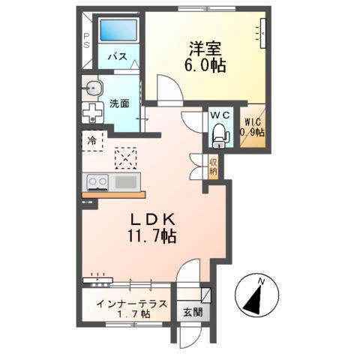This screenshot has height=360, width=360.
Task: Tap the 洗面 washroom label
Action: click(x=119, y=103)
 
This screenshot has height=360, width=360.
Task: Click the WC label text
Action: click(x=220, y=115)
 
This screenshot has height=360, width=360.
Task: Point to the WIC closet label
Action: click(x=252, y=127)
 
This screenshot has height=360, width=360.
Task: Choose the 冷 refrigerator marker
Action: click(x=91, y=139)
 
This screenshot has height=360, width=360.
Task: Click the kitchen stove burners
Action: click(x=97, y=181)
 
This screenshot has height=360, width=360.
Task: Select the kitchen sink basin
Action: click(x=125, y=181)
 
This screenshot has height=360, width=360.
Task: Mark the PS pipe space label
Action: click(x=86, y=40)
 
